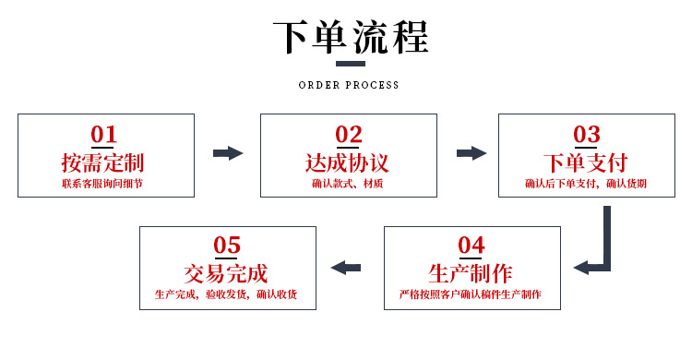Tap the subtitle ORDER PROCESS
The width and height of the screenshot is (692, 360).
(349, 85)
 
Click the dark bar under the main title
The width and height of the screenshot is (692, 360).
(349, 65)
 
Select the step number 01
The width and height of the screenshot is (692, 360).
(103, 135)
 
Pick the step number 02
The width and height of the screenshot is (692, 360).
(348, 135)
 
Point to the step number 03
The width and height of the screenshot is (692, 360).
(587, 135)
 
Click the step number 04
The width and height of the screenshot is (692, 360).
(471, 246)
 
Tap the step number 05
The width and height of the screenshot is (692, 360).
(227, 246)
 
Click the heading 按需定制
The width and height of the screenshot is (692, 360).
(103, 163)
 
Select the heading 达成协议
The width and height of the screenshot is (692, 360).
(348, 163)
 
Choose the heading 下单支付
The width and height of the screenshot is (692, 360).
(587, 163)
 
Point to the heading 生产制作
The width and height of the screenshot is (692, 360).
(471, 273)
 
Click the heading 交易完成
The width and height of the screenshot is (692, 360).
(227, 273)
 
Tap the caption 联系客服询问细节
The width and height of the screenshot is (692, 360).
(103, 185)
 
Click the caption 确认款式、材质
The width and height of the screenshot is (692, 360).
(348, 185)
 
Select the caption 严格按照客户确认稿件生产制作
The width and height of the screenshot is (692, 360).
(471, 295)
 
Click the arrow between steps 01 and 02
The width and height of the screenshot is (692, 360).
(227, 153)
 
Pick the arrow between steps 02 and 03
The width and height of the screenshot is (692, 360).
(471, 153)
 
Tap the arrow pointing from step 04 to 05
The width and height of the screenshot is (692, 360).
(346, 268)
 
